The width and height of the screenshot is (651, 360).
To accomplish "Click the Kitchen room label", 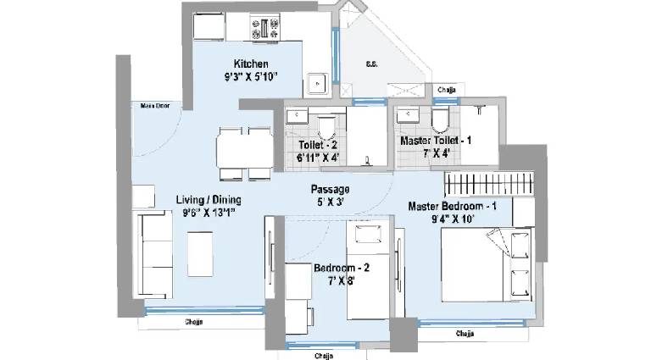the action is click(251, 64).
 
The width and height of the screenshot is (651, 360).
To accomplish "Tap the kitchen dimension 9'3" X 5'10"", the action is click(251, 77).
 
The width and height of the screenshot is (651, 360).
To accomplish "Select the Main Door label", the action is click(155, 106).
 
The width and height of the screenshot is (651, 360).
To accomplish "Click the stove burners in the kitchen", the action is click(264, 28).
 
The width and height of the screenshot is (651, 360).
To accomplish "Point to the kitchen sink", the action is click(318, 84).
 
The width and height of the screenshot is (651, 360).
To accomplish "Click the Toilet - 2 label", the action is click(318, 145).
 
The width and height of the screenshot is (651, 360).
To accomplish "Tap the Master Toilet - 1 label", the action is click(436, 141).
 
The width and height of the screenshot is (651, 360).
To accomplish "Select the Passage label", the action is click(330, 190).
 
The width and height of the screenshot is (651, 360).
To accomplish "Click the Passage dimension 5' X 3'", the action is click(330, 202).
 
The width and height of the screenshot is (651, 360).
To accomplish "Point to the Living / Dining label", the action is click(209, 200).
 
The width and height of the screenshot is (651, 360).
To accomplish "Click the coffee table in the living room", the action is click(200, 254).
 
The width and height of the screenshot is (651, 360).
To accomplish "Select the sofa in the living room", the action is click(153, 254).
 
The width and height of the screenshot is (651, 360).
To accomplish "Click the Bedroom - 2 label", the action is click(342, 268).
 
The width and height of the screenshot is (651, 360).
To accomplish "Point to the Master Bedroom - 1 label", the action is click(452, 206).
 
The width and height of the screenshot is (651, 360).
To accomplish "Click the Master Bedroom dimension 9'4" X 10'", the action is click(453, 219).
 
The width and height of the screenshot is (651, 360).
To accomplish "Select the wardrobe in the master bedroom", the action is click(489, 184).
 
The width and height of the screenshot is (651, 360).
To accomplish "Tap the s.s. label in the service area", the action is click(371, 64).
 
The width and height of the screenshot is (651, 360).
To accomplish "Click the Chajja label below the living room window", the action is click(194, 322).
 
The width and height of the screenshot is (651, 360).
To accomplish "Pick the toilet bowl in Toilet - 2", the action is click(325, 128).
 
